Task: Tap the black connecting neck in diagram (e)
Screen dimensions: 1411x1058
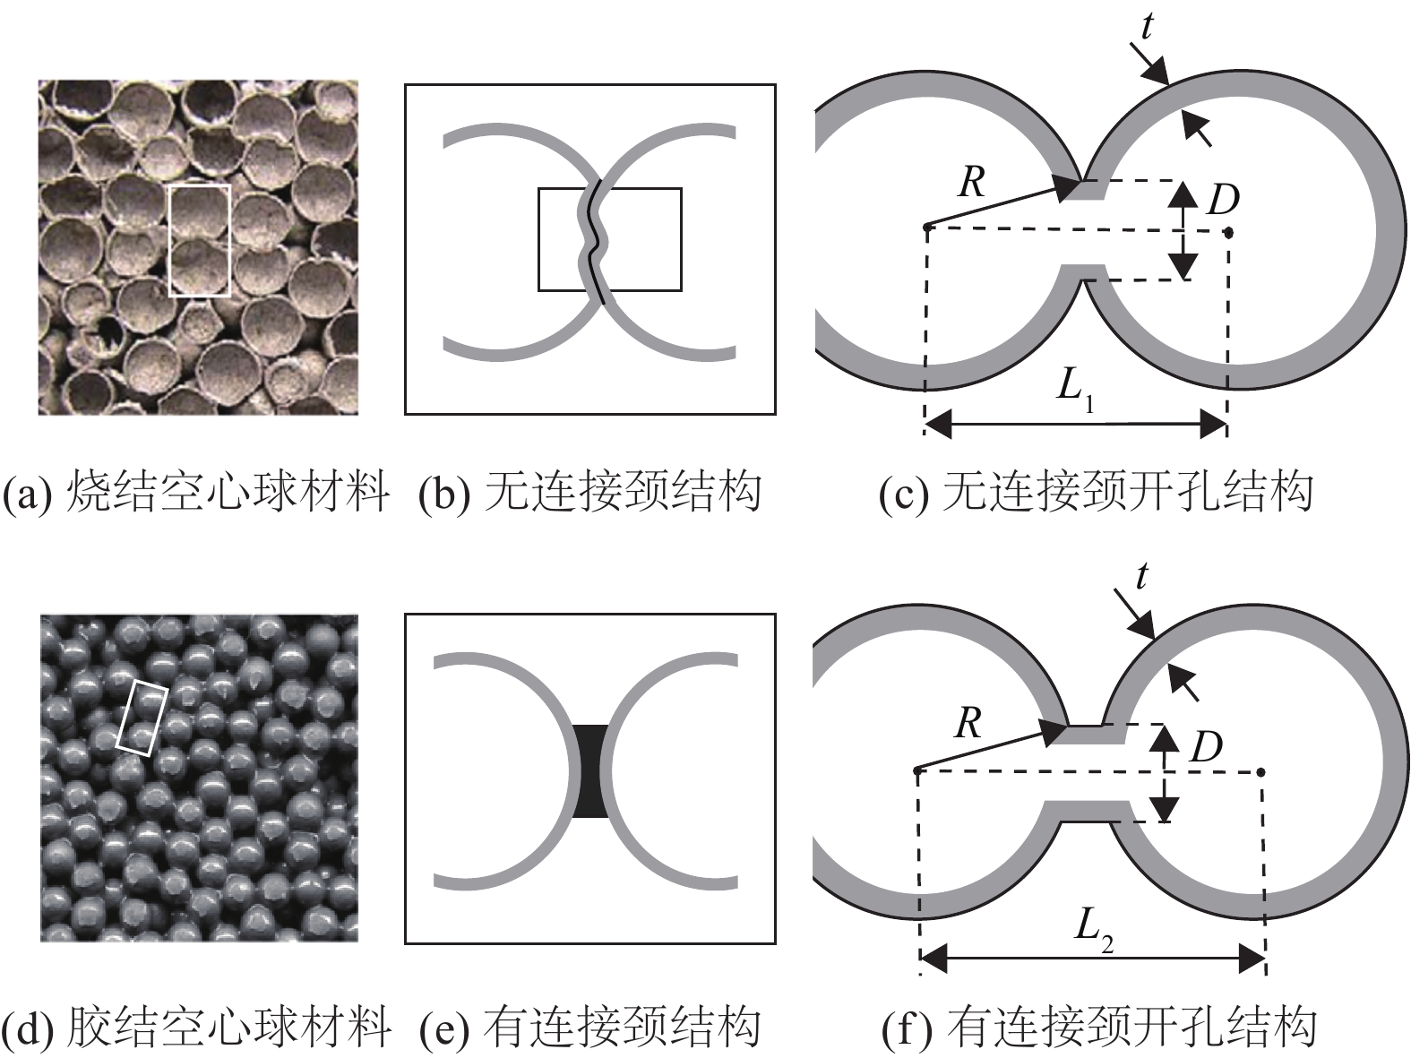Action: (590, 770)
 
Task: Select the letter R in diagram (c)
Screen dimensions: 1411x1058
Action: (972, 184)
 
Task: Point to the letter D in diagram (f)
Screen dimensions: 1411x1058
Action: (1206, 746)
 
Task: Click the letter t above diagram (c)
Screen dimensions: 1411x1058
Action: (1149, 28)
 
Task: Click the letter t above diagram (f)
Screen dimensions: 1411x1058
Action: (1141, 577)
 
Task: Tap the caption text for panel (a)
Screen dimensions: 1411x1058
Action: (197, 492)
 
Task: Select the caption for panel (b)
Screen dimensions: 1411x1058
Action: (589, 492)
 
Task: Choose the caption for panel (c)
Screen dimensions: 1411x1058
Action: (1097, 492)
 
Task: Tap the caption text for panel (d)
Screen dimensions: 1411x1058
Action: (197, 1028)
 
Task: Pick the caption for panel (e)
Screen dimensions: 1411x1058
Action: (589, 1028)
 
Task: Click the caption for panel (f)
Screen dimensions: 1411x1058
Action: (1098, 1028)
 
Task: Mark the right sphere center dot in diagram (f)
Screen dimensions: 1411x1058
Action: (1260, 771)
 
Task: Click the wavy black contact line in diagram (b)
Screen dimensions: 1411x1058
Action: (595, 242)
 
